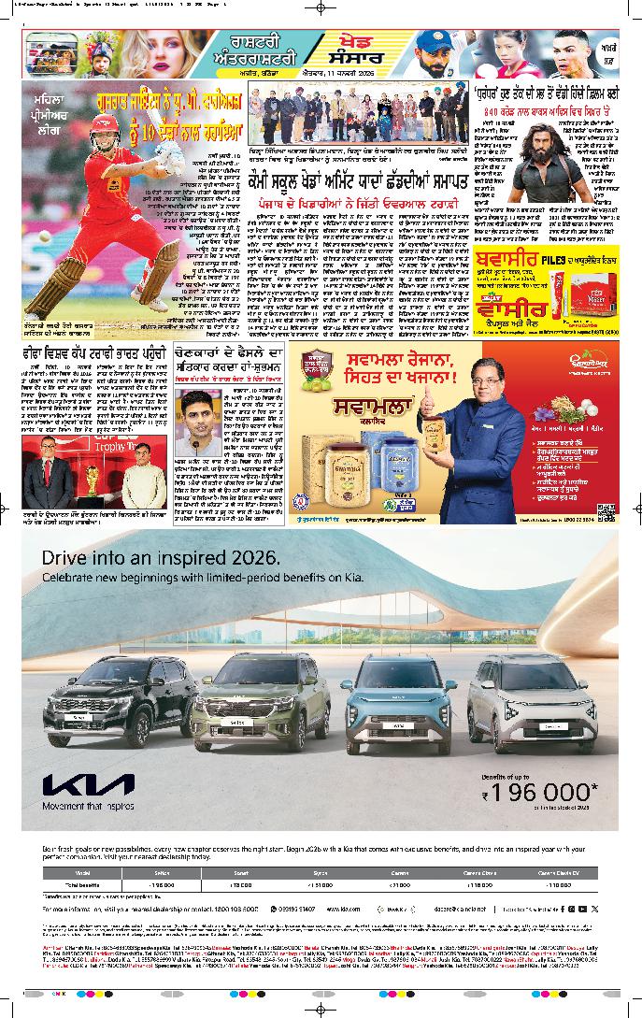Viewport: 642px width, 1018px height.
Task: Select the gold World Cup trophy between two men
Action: [90, 482]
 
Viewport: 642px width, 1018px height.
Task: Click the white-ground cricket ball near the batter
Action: [71, 237]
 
